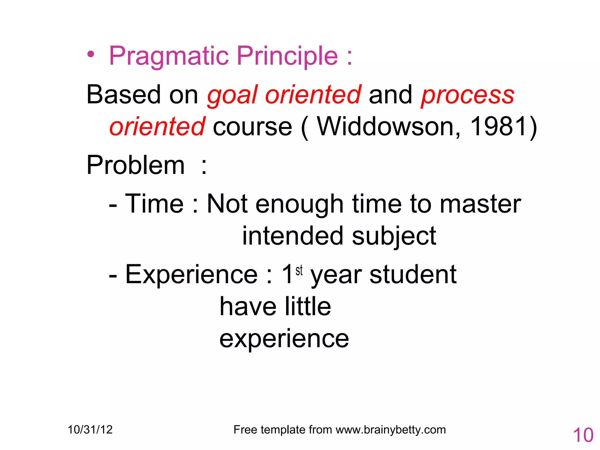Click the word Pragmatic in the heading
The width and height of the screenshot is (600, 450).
pos(168,56)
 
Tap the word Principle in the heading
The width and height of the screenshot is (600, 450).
pos(287,56)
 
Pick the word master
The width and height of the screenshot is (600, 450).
pos(480,204)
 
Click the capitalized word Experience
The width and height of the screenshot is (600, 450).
pos(191,275)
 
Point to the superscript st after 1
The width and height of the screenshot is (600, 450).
pos(299,270)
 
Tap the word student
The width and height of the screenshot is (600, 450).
pos(413,275)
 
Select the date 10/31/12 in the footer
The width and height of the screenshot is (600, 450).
pos(90,430)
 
